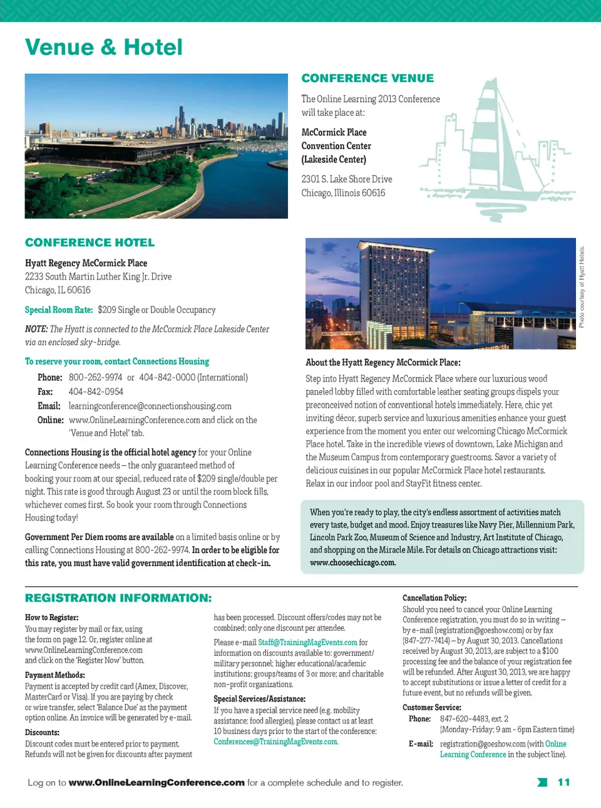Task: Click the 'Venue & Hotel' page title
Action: [104, 48]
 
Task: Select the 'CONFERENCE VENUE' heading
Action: [367, 78]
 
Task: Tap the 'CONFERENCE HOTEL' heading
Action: [90, 242]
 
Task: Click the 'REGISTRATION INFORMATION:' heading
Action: [118, 598]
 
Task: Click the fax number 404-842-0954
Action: [96, 391]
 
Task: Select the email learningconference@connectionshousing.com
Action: [150, 406]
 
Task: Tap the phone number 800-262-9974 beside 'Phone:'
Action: [96, 377]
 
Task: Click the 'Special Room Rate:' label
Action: [59, 309]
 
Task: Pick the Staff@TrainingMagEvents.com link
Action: [307, 643]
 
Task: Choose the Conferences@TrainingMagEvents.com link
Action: [275, 742]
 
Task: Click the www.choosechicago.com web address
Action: [352, 562]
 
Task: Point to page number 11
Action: [563, 782]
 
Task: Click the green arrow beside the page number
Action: [542, 782]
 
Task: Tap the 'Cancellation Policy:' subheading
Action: [434, 598]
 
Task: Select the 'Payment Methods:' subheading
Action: [55, 675]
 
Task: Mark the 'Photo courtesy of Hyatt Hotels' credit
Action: [582, 286]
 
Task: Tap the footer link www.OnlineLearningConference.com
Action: [157, 782]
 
